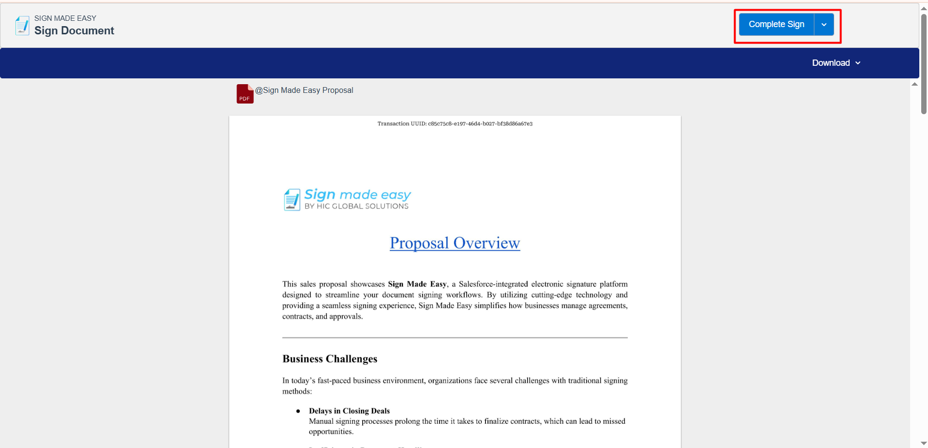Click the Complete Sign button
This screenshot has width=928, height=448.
point(776,25)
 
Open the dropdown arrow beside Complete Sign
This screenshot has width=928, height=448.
point(824,25)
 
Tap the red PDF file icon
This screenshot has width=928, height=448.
point(245,94)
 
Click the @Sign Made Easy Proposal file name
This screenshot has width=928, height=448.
point(304,90)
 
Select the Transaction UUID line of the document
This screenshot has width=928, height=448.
point(455,124)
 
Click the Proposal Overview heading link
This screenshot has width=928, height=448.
point(455,243)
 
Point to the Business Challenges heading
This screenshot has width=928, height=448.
point(330,359)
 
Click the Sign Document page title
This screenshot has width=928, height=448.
point(74,31)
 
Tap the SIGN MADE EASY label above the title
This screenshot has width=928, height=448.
point(65,18)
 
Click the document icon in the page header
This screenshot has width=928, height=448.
point(22,26)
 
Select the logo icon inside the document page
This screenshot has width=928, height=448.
point(292,200)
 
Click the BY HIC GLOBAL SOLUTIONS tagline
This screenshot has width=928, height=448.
point(356,207)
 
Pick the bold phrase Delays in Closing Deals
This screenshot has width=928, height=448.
point(349,411)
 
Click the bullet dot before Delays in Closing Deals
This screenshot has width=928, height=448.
point(298,411)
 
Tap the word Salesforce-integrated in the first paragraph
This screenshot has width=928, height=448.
point(493,284)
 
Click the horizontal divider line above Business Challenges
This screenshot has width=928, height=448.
point(455,338)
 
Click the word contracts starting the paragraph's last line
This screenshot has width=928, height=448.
point(297,316)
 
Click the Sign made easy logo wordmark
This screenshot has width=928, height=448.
point(357,194)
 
